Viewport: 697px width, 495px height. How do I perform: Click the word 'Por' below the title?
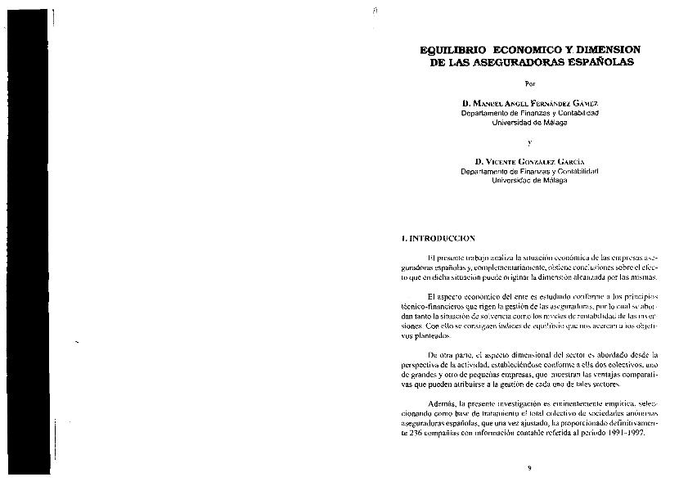[530, 84]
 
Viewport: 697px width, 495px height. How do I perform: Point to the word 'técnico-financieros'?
[429, 305]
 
